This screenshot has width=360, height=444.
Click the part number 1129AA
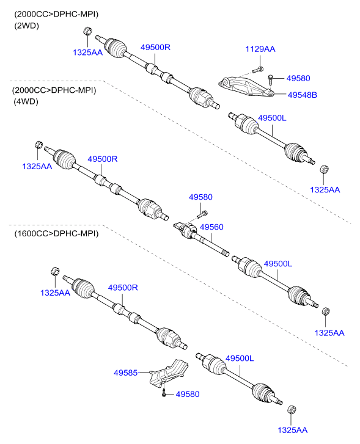(x=260, y=49)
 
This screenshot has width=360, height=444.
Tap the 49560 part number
(x=211, y=227)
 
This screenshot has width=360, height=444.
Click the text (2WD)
(x=26, y=26)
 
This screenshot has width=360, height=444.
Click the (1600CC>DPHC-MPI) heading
(x=54, y=233)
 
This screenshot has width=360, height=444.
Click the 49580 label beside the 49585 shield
(x=188, y=395)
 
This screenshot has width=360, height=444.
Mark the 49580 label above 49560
(x=200, y=197)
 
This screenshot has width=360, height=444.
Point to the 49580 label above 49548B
(x=298, y=78)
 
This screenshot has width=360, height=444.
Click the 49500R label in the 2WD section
(x=155, y=47)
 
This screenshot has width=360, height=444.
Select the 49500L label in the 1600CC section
(x=240, y=358)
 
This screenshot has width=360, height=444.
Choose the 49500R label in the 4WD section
(x=101, y=159)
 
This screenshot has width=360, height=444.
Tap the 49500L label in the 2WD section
(x=272, y=117)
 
